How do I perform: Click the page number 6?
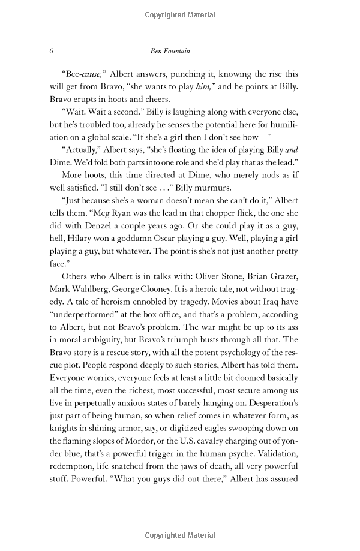(x=51, y=51)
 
